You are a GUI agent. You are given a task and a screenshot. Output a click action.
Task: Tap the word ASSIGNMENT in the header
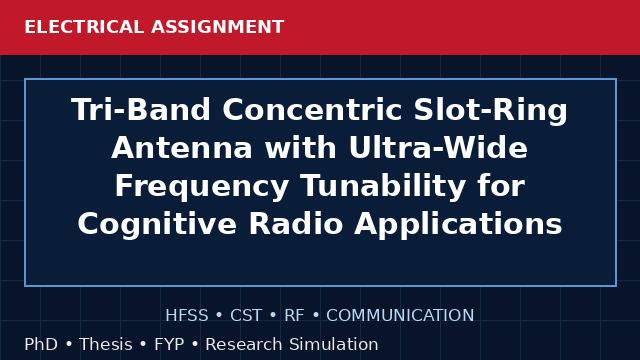[218, 27]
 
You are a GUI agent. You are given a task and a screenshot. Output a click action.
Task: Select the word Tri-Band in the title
[141, 109]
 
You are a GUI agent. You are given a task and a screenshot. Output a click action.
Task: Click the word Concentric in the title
[312, 109]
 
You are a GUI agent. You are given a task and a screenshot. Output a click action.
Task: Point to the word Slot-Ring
[491, 110]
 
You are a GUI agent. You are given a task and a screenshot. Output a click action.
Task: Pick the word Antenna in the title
[182, 147]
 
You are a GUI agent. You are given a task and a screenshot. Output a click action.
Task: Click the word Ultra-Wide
[439, 147]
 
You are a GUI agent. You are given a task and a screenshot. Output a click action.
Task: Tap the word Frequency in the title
[202, 187]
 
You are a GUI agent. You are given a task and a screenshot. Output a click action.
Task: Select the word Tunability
[384, 187]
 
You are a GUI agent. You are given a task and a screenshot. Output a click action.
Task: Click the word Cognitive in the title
[157, 224]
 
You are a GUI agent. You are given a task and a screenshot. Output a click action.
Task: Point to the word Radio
[296, 224]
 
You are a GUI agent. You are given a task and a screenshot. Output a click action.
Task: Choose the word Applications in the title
[458, 224]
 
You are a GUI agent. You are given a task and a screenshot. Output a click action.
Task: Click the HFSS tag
[187, 316]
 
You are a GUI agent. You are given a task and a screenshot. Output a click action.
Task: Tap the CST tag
[246, 316]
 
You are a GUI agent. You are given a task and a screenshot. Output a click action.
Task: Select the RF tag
[294, 316]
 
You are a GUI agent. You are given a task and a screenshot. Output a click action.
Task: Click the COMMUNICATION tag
[400, 316]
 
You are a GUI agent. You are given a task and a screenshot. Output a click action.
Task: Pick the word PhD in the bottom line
[41, 344]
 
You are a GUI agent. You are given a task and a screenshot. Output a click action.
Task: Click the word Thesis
[106, 344]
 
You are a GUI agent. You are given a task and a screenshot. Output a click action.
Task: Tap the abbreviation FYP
[169, 344]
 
